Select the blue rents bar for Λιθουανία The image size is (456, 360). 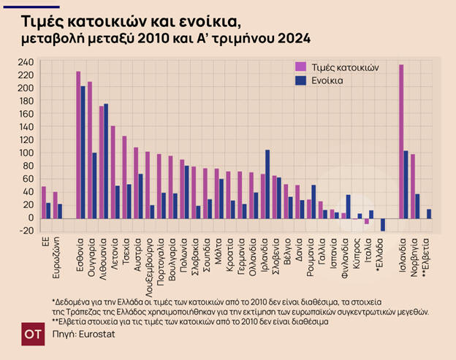point(107,161)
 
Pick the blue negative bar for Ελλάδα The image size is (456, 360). point(382,224)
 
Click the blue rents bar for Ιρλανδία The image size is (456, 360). point(268,183)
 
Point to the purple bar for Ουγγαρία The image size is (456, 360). point(90,150)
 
